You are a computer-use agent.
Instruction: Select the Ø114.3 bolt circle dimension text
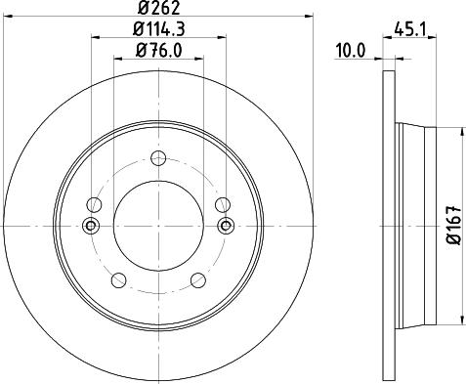coord(159,29)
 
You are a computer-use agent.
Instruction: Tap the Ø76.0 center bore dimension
coord(159,51)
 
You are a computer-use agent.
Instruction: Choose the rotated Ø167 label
coord(452,226)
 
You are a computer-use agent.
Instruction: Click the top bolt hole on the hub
coord(159,156)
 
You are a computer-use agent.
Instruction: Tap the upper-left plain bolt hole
coord(94,205)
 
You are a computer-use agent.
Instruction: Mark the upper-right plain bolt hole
coord(225,205)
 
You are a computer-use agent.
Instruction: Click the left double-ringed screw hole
coord(92,227)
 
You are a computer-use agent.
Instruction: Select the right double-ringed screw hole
coord(227,227)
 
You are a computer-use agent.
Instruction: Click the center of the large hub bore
coord(159,227)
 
